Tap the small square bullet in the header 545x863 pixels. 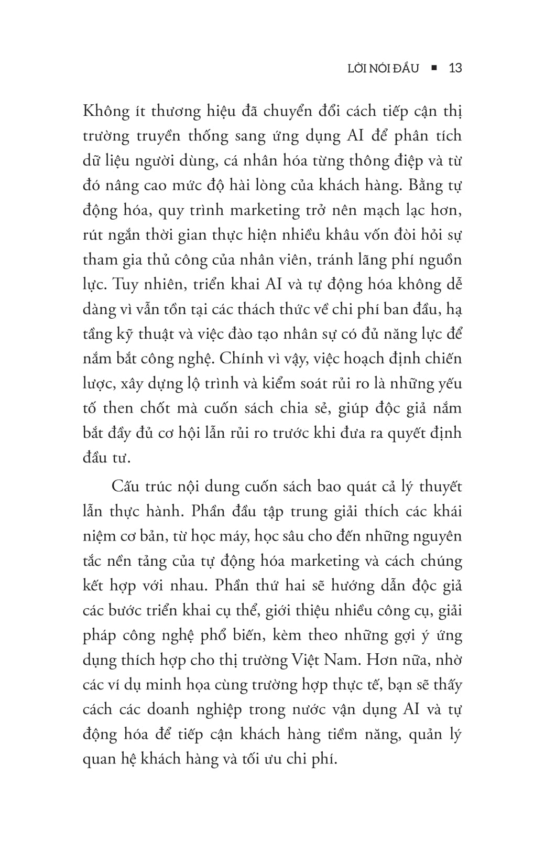click(x=433, y=68)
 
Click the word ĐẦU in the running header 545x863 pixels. click(x=404, y=68)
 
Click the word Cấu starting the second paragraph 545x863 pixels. click(x=125, y=487)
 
